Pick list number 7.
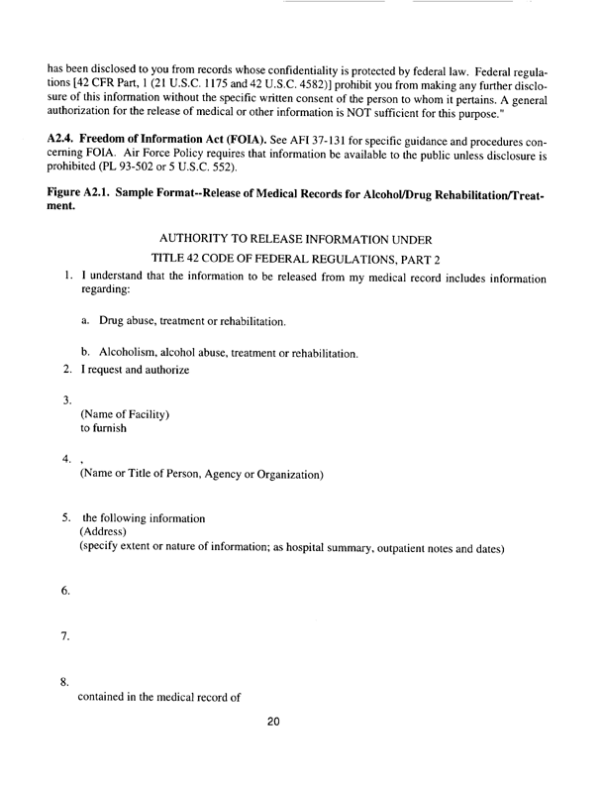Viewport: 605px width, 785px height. tap(65, 635)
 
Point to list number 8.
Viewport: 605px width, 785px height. tap(65, 682)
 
